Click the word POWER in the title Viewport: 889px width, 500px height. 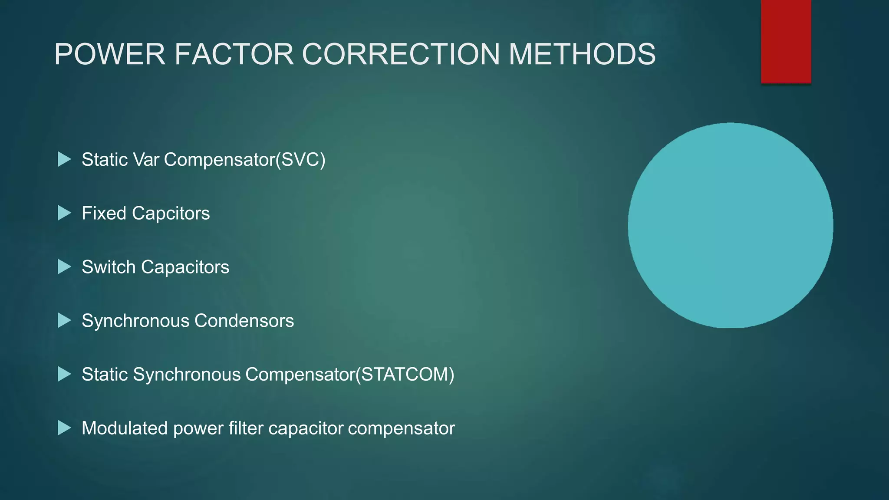(x=110, y=54)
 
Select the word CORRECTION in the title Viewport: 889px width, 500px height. (x=401, y=54)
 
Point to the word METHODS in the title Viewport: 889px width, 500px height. (x=582, y=54)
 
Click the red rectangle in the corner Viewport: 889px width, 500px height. (x=786, y=41)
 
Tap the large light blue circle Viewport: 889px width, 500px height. (x=730, y=225)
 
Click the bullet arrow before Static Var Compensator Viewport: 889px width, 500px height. (x=64, y=159)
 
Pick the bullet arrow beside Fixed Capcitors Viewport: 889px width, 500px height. (x=64, y=213)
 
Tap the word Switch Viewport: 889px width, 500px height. (x=109, y=267)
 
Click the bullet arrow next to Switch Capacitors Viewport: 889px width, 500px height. (x=64, y=267)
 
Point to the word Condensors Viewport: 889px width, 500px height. (x=244, y=321)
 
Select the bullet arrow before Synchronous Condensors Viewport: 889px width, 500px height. (x=64, y=321)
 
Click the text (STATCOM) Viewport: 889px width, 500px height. (x=405, y=375)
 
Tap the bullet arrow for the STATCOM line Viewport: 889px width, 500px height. (x=64, y=375)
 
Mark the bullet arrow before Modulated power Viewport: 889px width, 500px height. (x=64, y=428)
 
